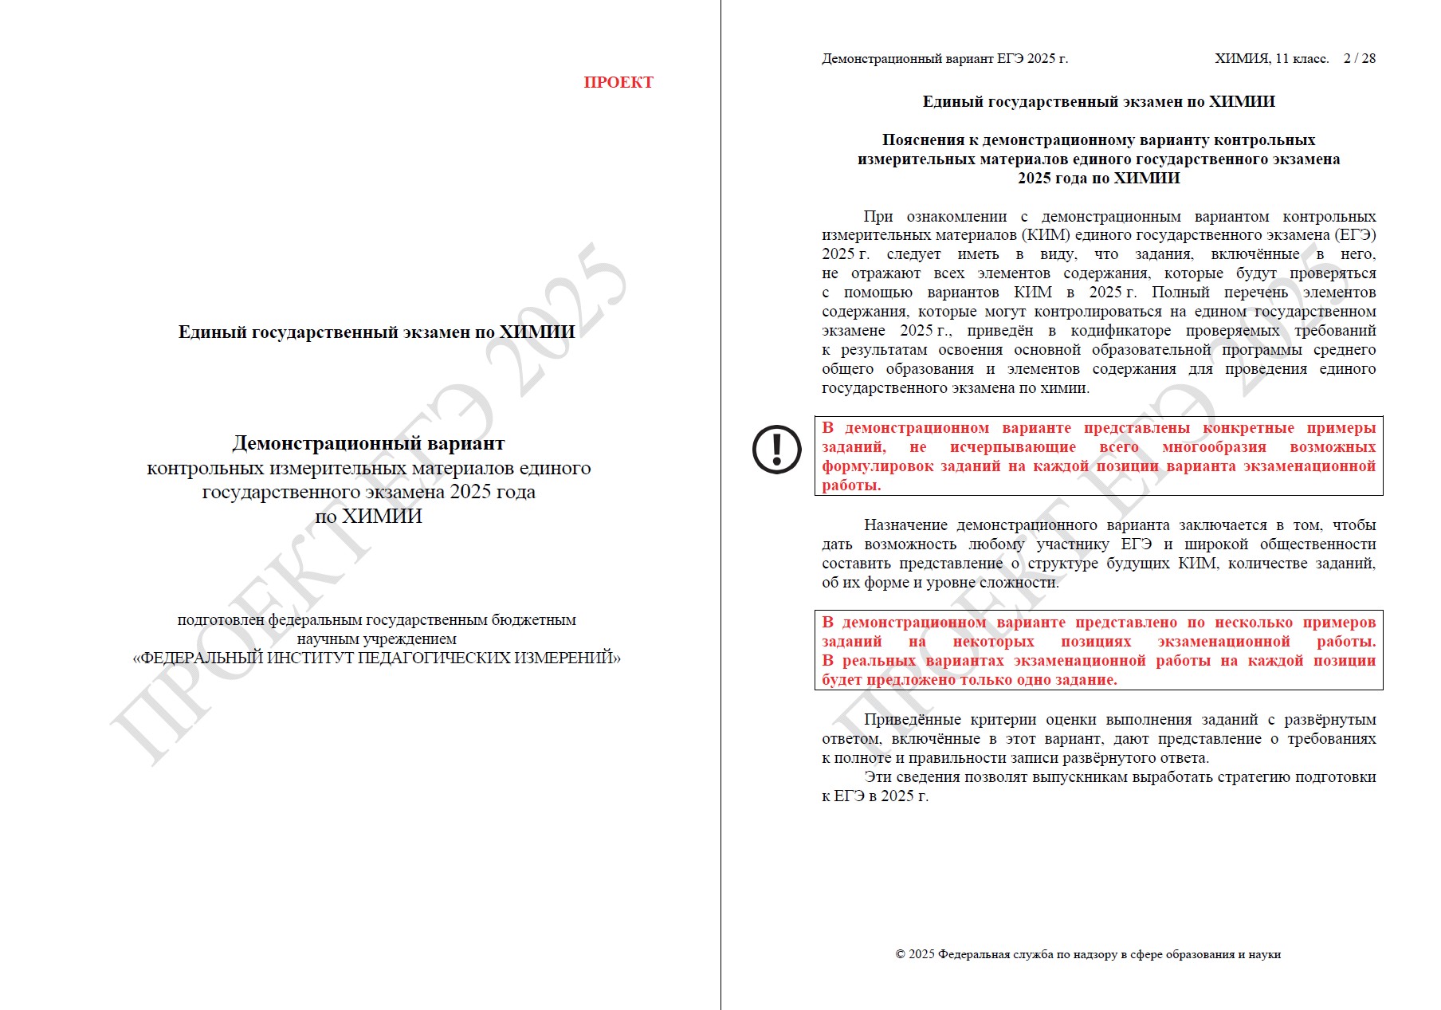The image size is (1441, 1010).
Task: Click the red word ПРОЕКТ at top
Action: (618, 82)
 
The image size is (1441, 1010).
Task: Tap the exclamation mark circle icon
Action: (776, 449)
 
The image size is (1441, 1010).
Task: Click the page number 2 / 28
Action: (1359, 58)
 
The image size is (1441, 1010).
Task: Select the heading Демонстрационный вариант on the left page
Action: (368, 443)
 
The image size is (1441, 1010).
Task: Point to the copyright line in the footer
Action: (1088, 954)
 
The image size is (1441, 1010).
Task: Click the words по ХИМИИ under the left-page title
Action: (368, 517)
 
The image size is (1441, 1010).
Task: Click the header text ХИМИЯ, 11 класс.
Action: (1271, 58)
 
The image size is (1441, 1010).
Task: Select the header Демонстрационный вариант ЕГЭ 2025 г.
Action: (944, 58)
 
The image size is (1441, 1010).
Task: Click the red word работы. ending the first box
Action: (851, 485)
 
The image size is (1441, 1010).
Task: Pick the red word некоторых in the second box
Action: (993, 642)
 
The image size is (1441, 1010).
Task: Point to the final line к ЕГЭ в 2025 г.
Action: (875, 796)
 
